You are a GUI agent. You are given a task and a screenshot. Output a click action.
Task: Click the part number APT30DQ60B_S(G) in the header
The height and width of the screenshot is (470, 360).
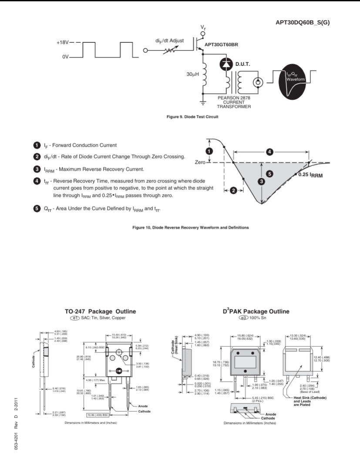pyautogui.click(x=303, y=22)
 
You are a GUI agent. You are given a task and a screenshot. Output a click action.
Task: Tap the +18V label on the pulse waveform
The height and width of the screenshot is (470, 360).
pyautogui.click(x=62, y=43)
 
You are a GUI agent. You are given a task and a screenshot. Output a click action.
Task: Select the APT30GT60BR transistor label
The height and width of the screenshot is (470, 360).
pyautogui.click(x=221, y=44)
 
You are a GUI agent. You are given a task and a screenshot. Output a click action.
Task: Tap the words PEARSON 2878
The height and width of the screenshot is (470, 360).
pyautogui.click(x=234, y=98)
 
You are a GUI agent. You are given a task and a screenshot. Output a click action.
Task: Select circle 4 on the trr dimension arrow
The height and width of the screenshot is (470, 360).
pyautogui.click(x=270, y=152)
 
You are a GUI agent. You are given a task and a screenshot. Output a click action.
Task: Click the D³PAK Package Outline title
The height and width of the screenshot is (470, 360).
pyautogui.click(x=256, y=311)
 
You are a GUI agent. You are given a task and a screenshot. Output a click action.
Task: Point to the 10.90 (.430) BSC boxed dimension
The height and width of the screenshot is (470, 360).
pyautogui.click(x=98, y=415)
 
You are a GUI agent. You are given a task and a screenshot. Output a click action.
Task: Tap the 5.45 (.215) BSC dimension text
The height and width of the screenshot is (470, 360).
pyautogui.click(x=263, y=397)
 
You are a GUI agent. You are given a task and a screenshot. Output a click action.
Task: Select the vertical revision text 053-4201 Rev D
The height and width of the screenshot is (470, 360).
pyautogui.click(x=15, y=418)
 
